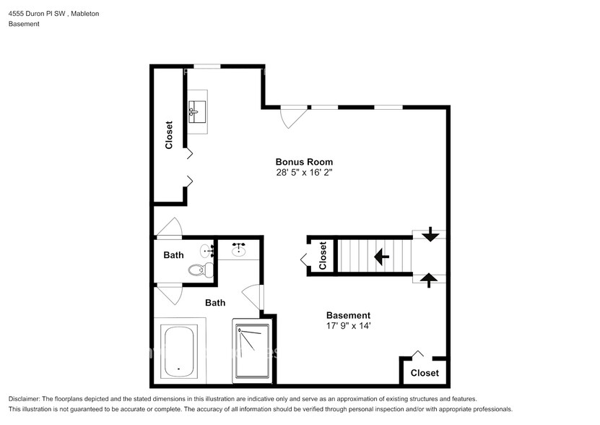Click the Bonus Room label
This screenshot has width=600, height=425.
(x=304, y=162)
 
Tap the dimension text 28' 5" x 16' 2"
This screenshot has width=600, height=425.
(x=304, y=173)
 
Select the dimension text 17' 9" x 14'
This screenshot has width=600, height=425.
(x=348, y=326)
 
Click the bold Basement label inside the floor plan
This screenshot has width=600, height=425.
(x=348, y=315)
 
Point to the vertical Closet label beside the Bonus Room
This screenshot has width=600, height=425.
(x=169, y=134)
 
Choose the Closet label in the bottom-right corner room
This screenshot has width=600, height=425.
(x=425, y=373)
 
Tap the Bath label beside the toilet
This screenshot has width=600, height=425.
(x=173, y=254)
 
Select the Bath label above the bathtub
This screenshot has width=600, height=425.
(x=214, y=303)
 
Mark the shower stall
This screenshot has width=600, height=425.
(x=251, y=350)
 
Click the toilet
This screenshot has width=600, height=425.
(x=198, y=270)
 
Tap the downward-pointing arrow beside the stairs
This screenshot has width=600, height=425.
(x=430, y=234)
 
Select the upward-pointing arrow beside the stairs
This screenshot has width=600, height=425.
(x=430, y=278)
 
